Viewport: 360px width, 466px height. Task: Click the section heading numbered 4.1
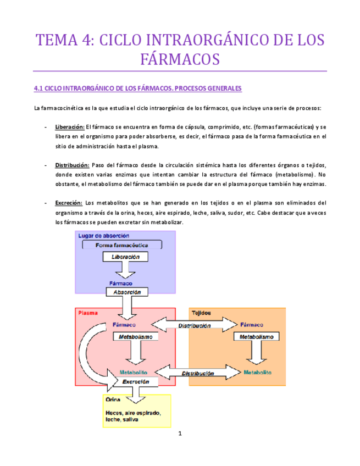pyautogui.click(x=137, y=88)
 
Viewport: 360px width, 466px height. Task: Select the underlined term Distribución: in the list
pyautogui.click(x=72, y=165)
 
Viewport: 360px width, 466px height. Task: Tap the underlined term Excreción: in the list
pyautogui.click(x=69, y=203)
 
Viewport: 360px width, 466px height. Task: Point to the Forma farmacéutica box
pyautogui.click(x=121, y=245)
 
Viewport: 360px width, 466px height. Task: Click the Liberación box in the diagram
pyautogui.click(x=125, y=257)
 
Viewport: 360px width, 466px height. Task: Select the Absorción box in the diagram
pyautogui.click(x=128, y=293)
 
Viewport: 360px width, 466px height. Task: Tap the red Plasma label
pyautogui.click(x=88, y=313)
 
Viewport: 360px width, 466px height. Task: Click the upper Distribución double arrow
pyautogui.click(x=194, y=325)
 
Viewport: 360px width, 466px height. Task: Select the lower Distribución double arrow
pyautogui.click(x=197, y=373)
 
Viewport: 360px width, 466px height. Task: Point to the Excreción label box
pyautogui.click(x=136, y=381)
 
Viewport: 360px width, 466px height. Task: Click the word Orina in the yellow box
pyautogui.click(x=113, y=400)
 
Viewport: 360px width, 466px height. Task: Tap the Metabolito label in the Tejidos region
pyautogui.click(x=257, y=372)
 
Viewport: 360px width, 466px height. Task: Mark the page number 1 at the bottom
pyautogui.click(x=180, y=434)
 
